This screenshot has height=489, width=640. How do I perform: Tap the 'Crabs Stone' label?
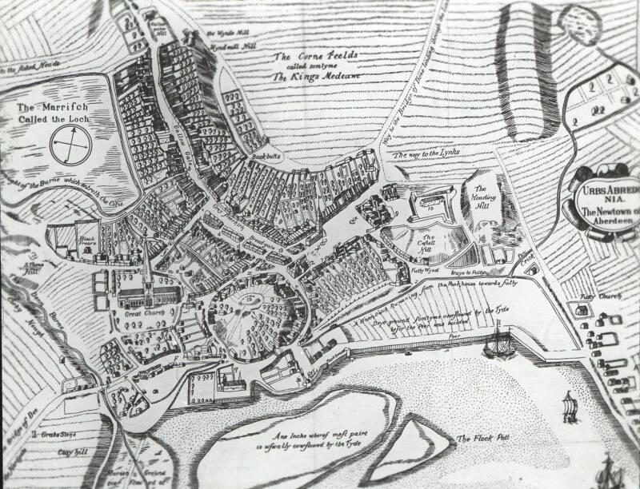50,435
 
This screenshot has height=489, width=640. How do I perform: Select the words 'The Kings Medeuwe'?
315,74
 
